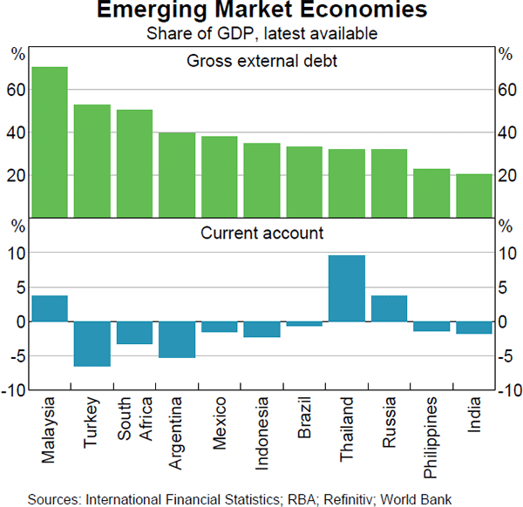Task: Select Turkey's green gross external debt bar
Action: tap(92, 160)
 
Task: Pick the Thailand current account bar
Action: tap(347, 288)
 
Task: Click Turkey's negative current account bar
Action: tap(92, 344)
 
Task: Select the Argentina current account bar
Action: tap(177, 340)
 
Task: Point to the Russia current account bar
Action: tap(390, 308)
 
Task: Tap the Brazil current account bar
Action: tap(304, 324)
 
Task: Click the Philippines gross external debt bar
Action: tap(431, 193)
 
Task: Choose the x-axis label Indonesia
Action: tap(261, 433)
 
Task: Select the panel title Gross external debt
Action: tap(262, 62)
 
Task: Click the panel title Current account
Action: tap(262, 233)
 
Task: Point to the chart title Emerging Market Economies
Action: tap(261, 12)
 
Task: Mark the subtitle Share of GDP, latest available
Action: tap(261, 33)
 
